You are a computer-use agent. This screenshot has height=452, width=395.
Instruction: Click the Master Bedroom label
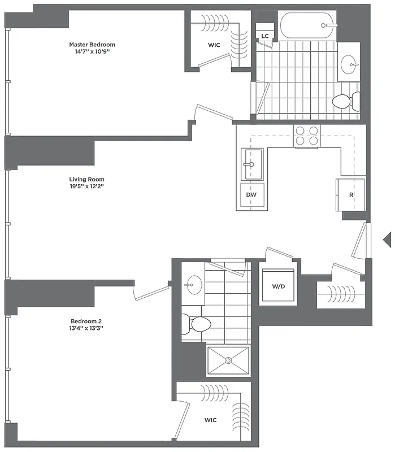pos(92,44)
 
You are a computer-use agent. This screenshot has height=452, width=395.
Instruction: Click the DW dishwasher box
pos(251,195)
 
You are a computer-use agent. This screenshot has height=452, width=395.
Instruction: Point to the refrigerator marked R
pos(350,194)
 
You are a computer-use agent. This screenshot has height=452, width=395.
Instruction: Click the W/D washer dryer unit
pos(278,286)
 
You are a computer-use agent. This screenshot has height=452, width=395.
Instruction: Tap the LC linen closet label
pos(264,36)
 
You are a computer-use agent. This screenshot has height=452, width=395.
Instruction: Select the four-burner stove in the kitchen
pos(307,136)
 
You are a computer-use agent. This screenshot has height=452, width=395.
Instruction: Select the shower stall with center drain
pos(228,359)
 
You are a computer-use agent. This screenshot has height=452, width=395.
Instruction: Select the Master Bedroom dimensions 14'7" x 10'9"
pos(92,51)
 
